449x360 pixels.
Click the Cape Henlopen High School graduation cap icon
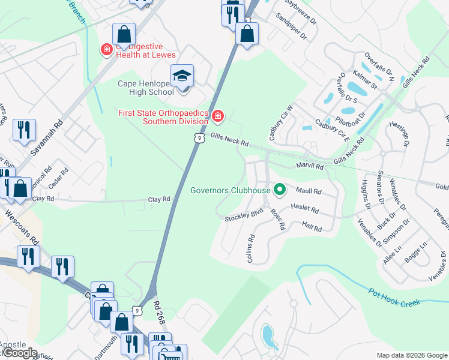182,76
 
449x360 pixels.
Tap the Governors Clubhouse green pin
279,191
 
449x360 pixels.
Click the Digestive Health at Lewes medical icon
107,49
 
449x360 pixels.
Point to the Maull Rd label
309,192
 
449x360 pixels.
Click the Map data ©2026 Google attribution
412,355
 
